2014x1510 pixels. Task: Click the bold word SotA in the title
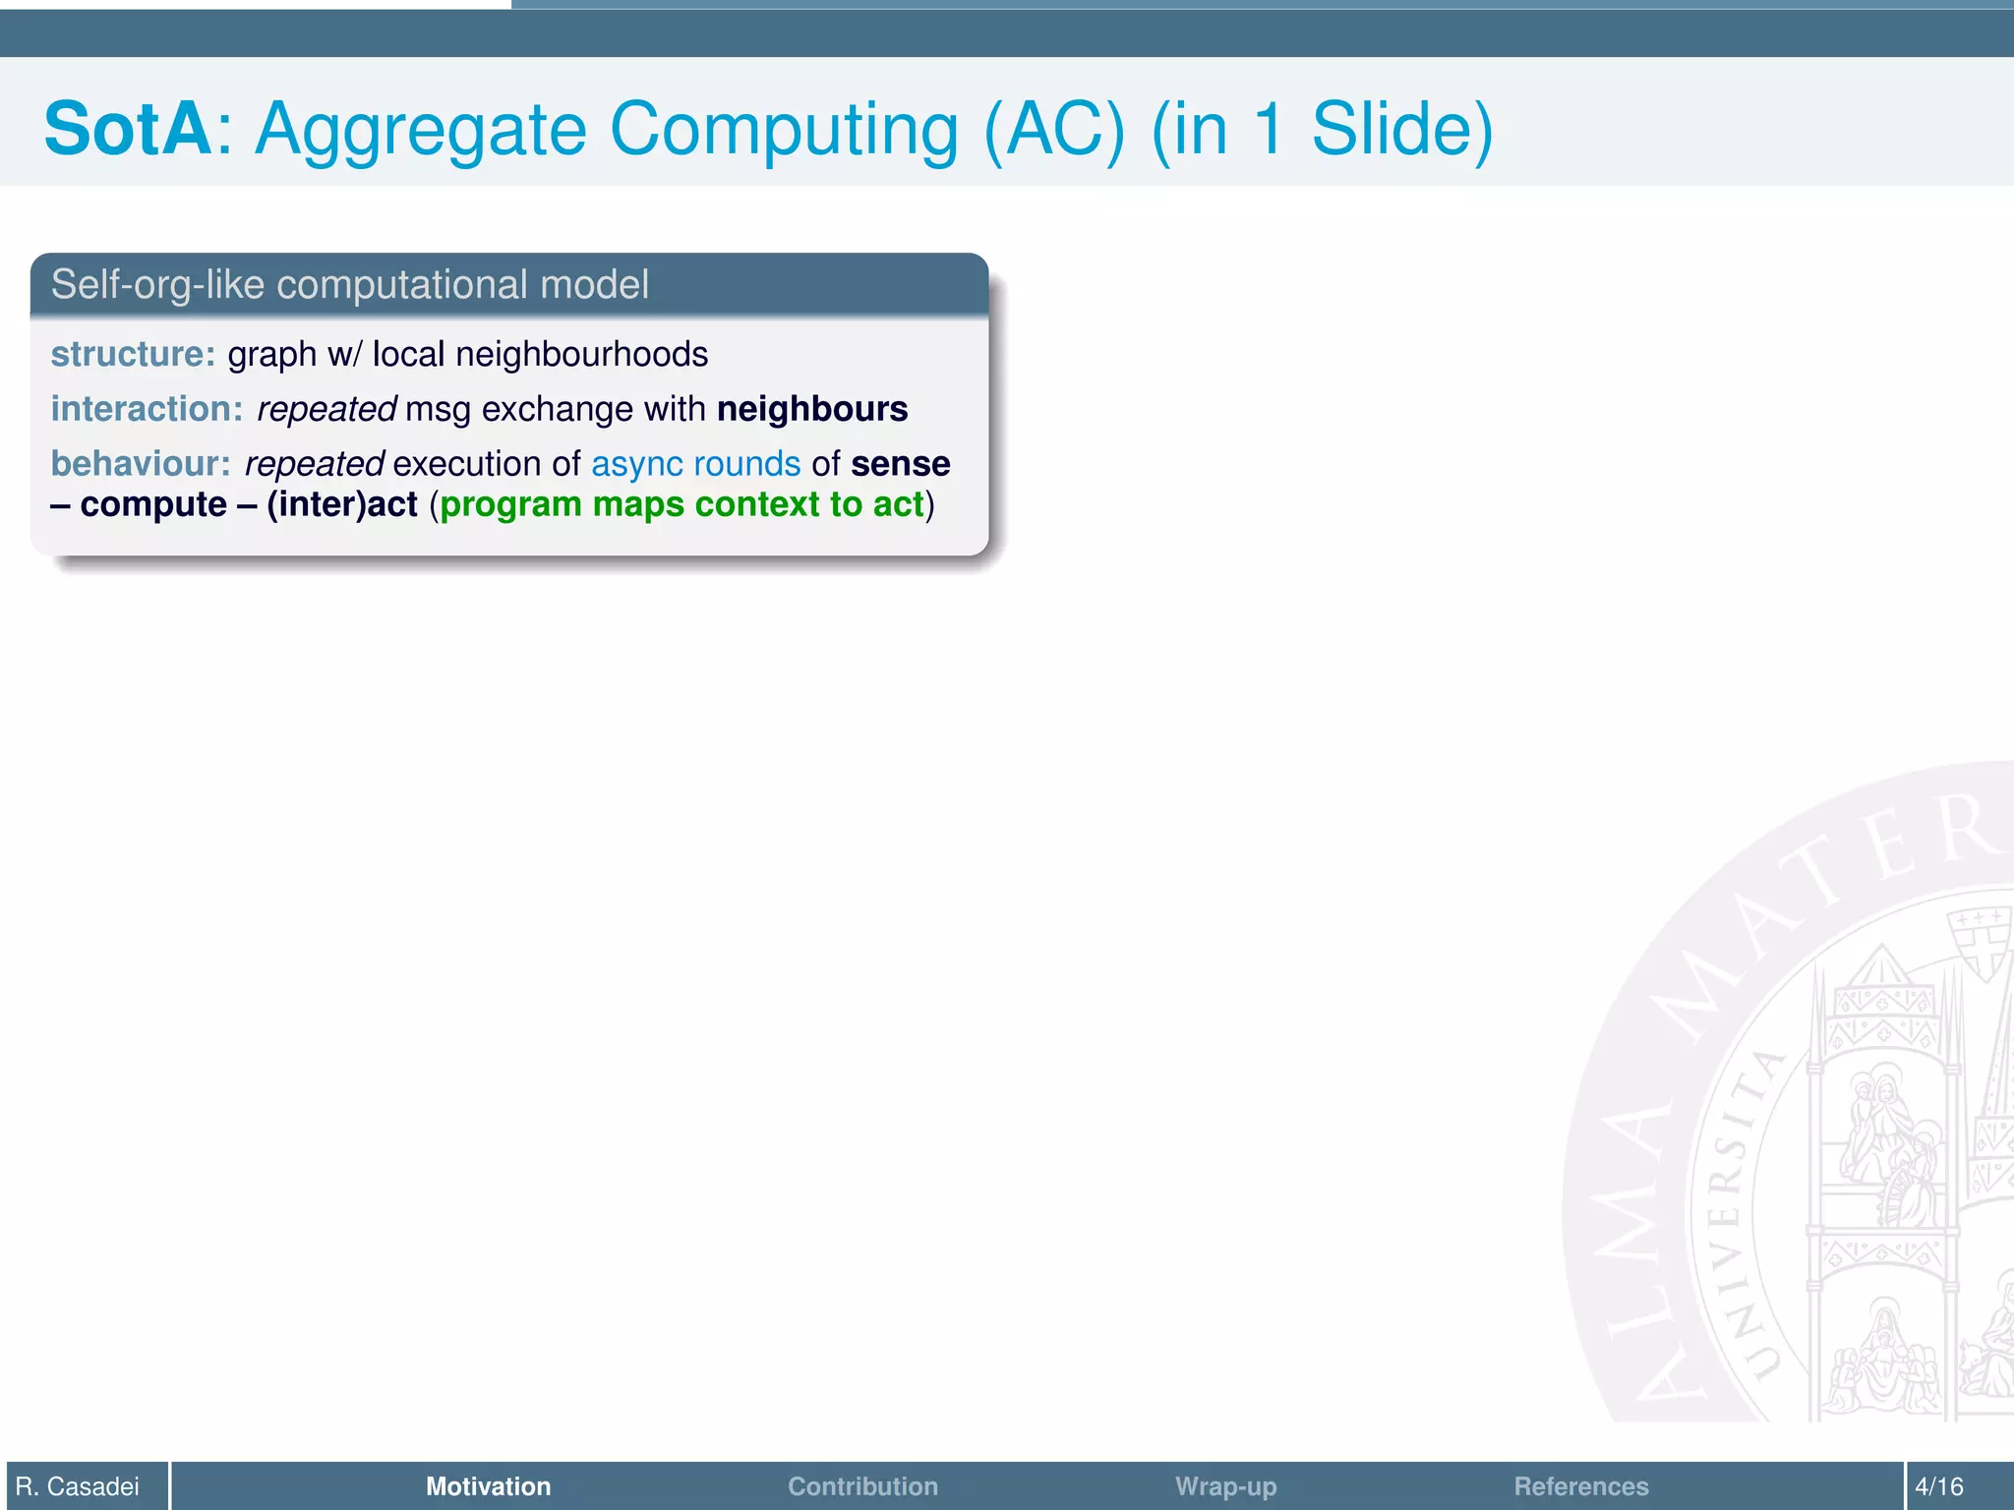tap(128, 129)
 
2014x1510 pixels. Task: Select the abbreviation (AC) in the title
tap(1054, 129)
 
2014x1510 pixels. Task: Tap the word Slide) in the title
tap(1402, 129)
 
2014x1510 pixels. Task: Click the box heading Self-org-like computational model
tap(349, 285)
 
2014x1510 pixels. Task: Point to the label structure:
tap(133, 354)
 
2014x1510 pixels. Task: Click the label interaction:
tap(147, 409)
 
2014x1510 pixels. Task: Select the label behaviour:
tap(141, 464)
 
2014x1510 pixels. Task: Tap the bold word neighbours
tap(812, 409)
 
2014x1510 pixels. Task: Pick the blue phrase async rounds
tap(695, 464)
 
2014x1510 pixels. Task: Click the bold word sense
tap(900, 464)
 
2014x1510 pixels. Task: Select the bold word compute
tap(153, 504)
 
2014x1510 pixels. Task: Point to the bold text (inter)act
tap(342, 504)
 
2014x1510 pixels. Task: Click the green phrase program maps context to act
tap(681, 504)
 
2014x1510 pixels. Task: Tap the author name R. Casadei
tap(78, 1485)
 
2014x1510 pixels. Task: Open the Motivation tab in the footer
tap(488, 1485)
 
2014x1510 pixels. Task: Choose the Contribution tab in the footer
tap(862, 1485)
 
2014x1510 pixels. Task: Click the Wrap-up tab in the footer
tap(1225, 1485)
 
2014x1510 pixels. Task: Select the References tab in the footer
tap(1580, 1485)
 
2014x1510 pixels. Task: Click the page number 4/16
tap(1938, 1485)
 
